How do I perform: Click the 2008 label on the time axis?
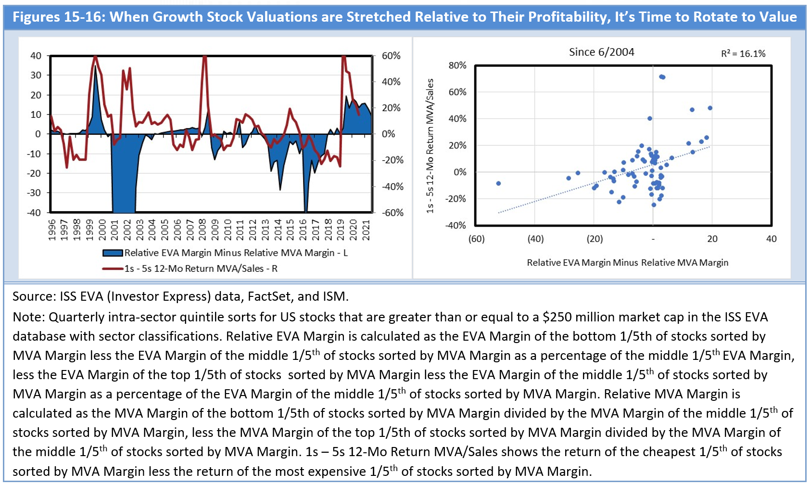pos(202,230)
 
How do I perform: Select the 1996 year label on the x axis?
pos(52,230)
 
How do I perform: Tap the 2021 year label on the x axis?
pos(366,230)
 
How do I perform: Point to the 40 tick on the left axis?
pos(36,56)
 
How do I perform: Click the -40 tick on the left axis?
pos(34,213)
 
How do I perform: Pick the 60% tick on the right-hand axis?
pos(391,56)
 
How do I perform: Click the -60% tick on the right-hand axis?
pos(392,213)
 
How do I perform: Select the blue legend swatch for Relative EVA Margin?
pos(113,253)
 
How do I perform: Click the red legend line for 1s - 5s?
pos(113,268)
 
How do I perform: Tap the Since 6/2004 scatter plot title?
pos(601,52)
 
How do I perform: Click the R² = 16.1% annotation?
pos(743,54)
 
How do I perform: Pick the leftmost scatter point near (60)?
pos(498,183)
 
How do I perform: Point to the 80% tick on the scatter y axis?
pos(457,65)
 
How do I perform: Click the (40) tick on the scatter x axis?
pos(535,239)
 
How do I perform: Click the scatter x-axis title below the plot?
pos(627,263)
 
